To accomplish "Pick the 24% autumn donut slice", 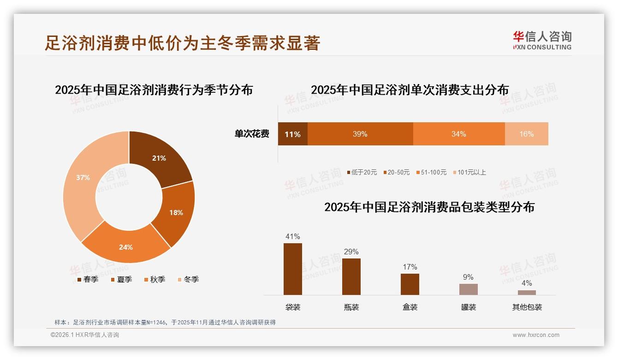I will pyautogui.click(x=126, y=247).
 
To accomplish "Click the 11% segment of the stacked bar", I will pyautogui.click(x=292, y=134).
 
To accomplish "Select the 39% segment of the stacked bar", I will pyautogui.click(x=360, y=134).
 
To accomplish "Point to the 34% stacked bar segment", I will pyautogui.click(x=458, y=134).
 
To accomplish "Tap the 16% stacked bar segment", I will pyautogui.click(x=526, y=134).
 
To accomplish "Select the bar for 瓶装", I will pyautogui.click(x=351, y=276).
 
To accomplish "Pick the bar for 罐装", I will pyautogui.click(x=468, y=289).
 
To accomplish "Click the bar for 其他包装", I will pyautogui.click(x=527, y=293).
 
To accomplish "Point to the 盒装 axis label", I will pyautogui.click(x=410, y=307).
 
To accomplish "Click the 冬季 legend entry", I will pyautogui.click(x=188, y=280).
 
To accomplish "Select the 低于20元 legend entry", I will pyautogui.click(x=362, y=173).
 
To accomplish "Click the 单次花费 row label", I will pyautogui.click(x=252, y=134).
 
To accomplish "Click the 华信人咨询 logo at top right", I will pyautogui.click(x=542, y=40).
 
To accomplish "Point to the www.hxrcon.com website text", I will pyautogui.click(x=536, y=335).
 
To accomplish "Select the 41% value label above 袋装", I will pyautogui.click(x=293, y=237).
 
